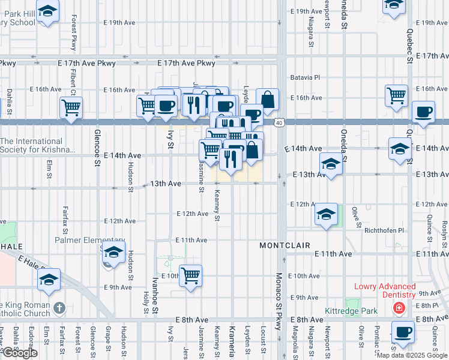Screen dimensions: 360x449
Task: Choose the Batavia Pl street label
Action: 306,77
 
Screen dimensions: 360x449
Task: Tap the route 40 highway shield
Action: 280,123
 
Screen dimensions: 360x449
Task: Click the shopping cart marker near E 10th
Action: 190,276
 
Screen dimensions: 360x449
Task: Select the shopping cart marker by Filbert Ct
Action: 71,109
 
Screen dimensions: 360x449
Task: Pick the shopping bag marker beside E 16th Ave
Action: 268,100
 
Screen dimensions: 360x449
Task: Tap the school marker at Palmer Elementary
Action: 112,254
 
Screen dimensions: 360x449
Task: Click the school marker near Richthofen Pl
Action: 325,215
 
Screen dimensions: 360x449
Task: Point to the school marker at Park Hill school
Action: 47,11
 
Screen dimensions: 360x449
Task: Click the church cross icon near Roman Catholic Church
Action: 58,308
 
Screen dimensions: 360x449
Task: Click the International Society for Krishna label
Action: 38,145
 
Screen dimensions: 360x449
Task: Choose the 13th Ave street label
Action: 166,184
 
